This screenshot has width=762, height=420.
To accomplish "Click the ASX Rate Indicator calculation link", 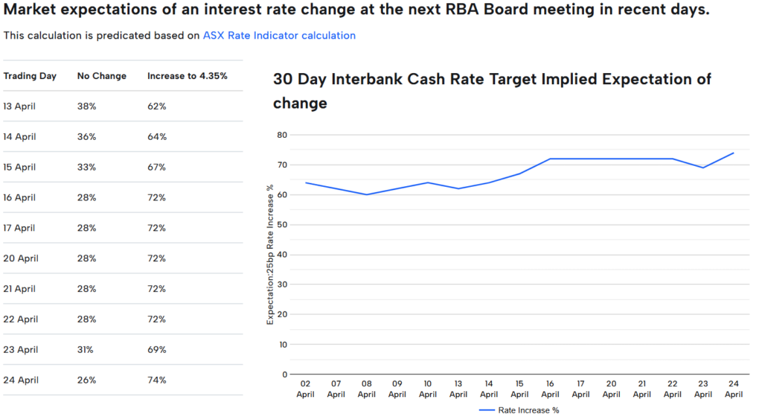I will (x=279, y=36).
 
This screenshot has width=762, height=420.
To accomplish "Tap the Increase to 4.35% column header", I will (x=187, y=76).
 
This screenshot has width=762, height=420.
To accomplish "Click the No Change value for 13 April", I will (x=87, y=106).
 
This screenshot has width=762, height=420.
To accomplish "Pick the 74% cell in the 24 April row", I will (x=156, y=380).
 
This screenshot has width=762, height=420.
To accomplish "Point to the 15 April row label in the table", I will (x=19, y=168).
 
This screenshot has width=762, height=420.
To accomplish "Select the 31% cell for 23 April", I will (x=86, y=350).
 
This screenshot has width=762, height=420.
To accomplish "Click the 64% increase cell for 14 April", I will (x=156, y=137).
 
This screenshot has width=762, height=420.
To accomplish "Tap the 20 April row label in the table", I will (x=20, y=258).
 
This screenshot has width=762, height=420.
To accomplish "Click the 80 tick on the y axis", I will (x=281, y=135).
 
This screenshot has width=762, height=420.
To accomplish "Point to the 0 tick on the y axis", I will (x=284, y=375).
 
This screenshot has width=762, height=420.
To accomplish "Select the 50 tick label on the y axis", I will (x=281, y=225).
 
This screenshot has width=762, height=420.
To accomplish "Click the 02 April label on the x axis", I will (x=305, y=389).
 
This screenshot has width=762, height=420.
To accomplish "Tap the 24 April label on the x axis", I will (x=734, y=389).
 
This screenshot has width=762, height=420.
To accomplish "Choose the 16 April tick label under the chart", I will (x=550, y=389).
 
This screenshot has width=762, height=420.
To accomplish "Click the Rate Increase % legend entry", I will (x=523, y=410).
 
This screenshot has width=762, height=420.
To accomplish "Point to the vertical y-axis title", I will (x=270, y=254).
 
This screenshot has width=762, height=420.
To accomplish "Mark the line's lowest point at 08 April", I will (x=366, y=194).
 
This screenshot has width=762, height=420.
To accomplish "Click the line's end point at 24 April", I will (x=734, y=153).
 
